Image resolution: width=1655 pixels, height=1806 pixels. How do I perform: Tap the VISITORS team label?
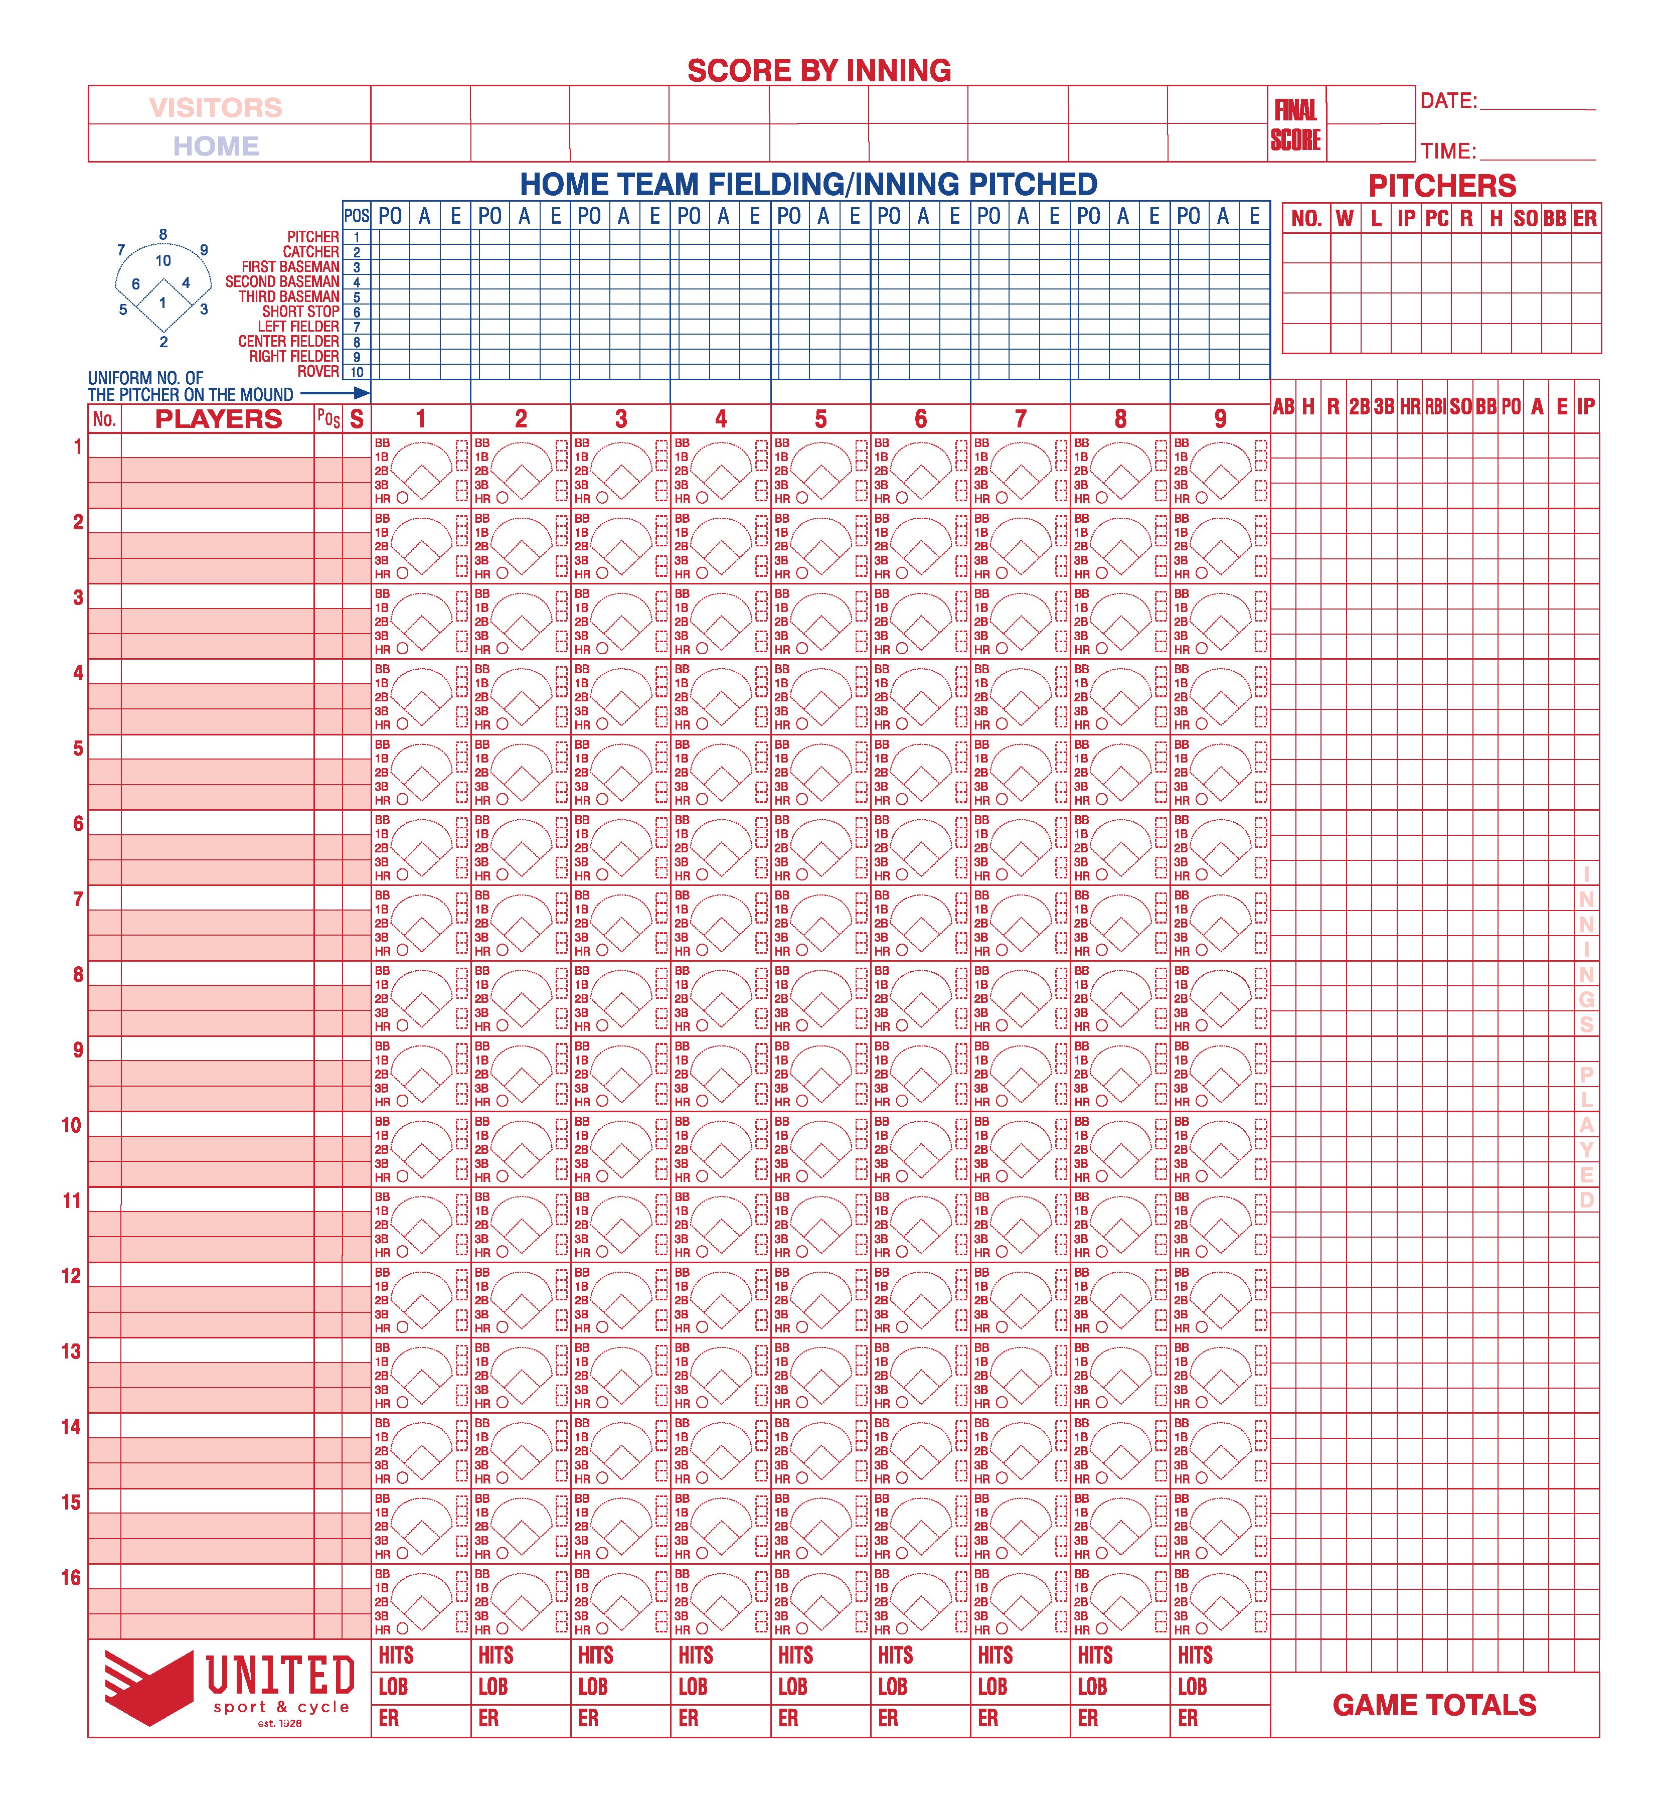215,107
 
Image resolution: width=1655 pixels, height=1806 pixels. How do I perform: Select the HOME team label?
216,146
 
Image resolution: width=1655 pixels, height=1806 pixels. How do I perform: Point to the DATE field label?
1448,101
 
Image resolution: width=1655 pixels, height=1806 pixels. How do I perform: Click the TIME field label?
1447,150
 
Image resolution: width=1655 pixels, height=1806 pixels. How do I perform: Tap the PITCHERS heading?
1442,186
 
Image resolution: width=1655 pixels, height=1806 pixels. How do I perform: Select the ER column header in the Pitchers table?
1584,219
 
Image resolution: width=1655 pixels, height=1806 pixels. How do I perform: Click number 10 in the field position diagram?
163,261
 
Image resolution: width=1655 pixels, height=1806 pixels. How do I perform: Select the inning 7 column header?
1020,419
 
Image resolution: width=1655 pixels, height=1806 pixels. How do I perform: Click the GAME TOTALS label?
1434,1705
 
